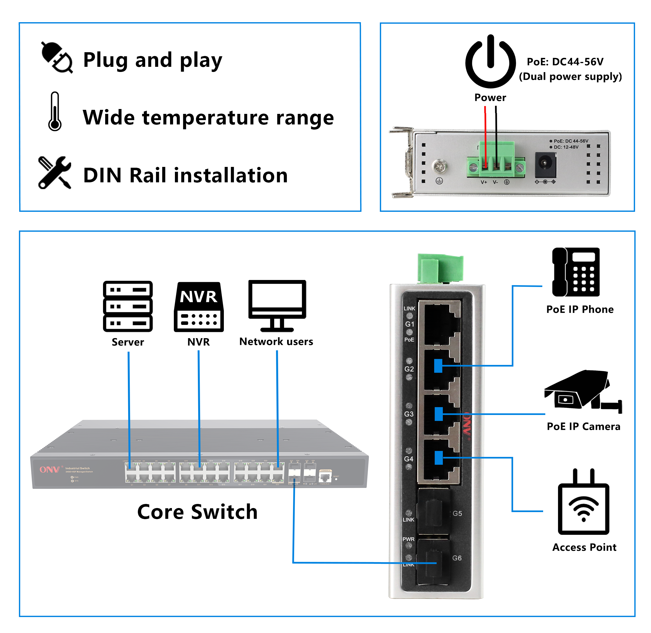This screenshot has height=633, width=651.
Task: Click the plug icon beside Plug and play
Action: pyautogui.click(x=57, y=57)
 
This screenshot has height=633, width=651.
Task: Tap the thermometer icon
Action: pyautogui.click(x=55, y=112)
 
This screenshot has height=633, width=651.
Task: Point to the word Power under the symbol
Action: pyautogui.click(x=490, y=98)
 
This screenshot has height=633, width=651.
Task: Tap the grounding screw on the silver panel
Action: pyautogui.click(x=439, y=166)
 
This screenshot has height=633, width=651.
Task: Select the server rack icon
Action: pyautogui.click(x=128, y=306)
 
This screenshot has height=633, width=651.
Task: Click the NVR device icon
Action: pyautogui.click(x=199, y=307)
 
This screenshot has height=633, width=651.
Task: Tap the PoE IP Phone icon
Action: pyautogui.click(x=576, y=272)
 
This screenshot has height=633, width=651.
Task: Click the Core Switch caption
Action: pyautogui.click(x=197, y=512)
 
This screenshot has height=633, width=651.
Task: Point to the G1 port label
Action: pyautogui.click(x=409, y=324)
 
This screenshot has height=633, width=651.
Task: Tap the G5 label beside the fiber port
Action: pyautogui.click(x=457, y=514)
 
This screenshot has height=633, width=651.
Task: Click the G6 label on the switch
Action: pyautogui.click(x=457, y=558)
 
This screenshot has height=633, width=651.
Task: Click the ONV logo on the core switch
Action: pyautogui.click(x=49, y=469)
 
